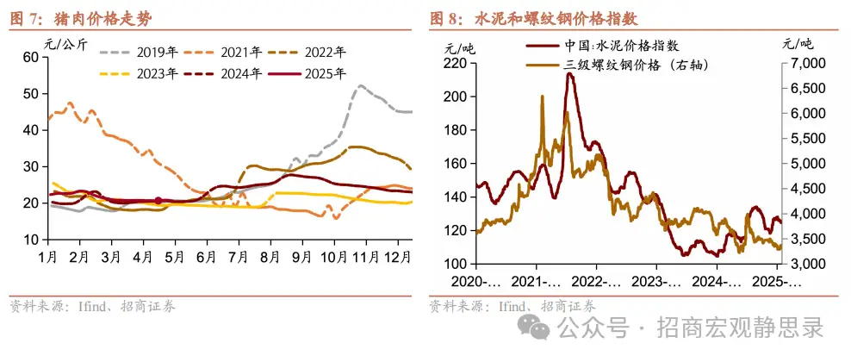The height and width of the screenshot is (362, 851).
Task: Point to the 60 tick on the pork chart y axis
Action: (x=30, y=57)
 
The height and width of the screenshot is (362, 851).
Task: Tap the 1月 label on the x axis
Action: (x=47, y=256)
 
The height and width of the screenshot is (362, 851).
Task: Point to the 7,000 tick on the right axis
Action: (x=807, y=64)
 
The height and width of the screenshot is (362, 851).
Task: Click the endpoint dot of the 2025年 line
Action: (x=158, y=201)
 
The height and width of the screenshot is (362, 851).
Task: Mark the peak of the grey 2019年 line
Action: (x=360, y=86)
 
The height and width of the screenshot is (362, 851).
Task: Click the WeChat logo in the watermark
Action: (x=537, y=328)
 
